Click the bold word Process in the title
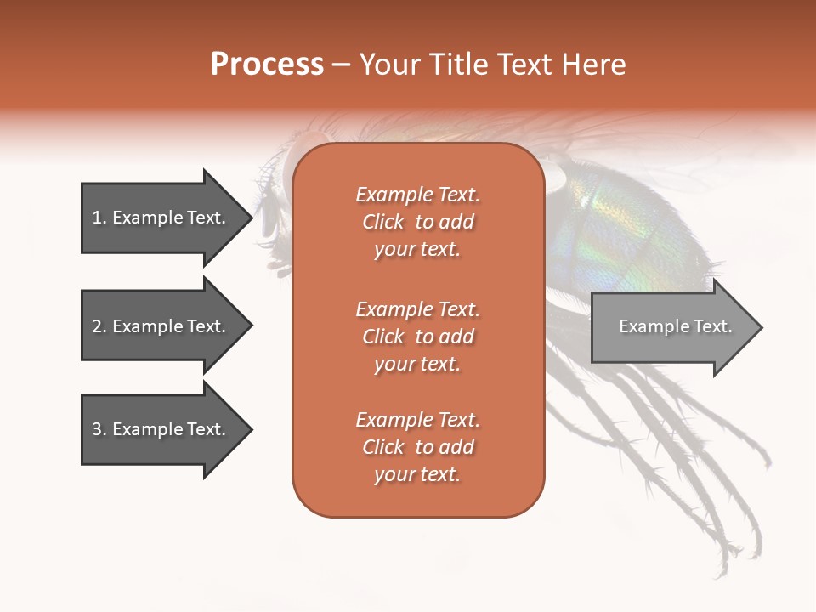click(267, 65)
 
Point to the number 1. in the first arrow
click(99, 218)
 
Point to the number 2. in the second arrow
click(99, 326)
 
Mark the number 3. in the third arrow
click(99, 429)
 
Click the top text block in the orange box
click(417, 222)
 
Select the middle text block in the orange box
click(417, 337)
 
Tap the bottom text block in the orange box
click(417, 447)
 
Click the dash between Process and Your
click(342, 65)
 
